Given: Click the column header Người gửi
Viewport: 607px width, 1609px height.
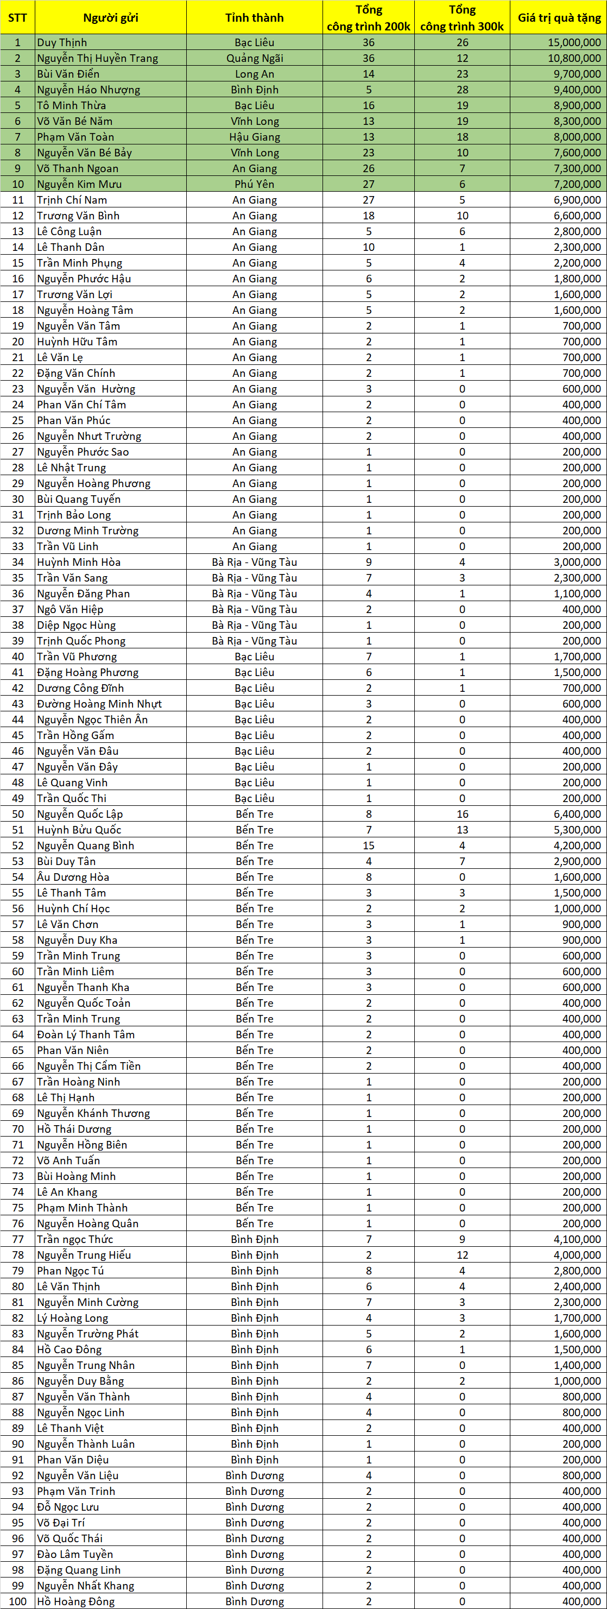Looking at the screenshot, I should point(111,17).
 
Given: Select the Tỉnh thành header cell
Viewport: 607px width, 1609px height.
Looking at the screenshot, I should point(254,17).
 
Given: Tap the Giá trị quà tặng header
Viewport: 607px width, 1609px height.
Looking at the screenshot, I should point(559,17).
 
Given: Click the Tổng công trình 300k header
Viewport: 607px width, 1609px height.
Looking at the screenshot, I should point(462,17).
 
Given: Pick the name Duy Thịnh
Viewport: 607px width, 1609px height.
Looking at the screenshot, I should point(62,42).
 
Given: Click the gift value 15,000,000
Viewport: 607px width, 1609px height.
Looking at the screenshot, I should point(574,42).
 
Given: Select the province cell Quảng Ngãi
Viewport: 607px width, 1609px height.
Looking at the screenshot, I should point(254,58).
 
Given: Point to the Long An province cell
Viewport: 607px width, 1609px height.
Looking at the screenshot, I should point(254,74).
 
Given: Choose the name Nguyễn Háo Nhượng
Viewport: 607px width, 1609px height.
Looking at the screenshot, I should point(88,89).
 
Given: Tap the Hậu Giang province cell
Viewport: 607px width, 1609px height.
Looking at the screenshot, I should point(254,137).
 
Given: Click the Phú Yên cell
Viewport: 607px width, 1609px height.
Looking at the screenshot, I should point(254,184).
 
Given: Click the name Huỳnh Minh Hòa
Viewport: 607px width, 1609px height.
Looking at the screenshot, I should point(79,562).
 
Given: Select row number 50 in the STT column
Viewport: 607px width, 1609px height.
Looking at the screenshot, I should point(17,814).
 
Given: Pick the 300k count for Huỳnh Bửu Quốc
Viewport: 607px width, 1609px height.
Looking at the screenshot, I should point(462,830).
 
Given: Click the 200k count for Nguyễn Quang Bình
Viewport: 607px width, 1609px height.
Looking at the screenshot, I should point(369,845).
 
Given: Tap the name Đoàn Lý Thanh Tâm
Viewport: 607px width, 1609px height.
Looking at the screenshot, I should point(86,1034).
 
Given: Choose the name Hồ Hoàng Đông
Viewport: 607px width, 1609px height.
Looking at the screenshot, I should point(75,1601).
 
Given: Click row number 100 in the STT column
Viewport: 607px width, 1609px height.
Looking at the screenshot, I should point(17,1601).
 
